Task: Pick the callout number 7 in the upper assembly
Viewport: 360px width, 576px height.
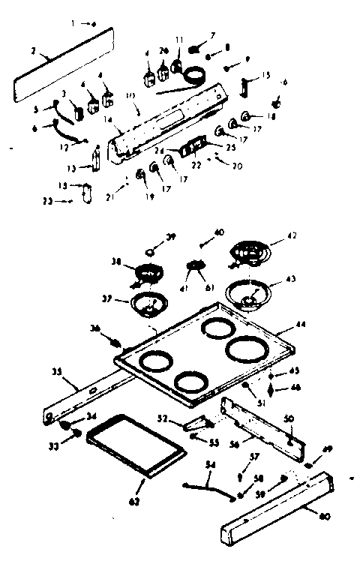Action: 213,35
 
